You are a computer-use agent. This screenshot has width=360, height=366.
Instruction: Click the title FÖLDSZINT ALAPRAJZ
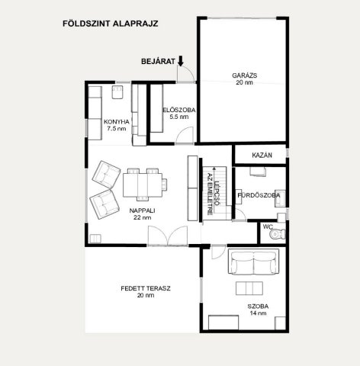click(x=111, y=24)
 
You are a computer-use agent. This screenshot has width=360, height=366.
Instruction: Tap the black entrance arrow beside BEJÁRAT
click(x=181, y=61)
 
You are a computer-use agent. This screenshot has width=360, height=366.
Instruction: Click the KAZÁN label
click(x=262, y=155)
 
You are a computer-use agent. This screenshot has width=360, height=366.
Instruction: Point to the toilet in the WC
click(x=278, y=234)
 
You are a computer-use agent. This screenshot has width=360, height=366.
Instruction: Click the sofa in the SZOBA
click(x=253, y=262)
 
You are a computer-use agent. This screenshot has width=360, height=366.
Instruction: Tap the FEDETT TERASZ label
click(x=146, y=288)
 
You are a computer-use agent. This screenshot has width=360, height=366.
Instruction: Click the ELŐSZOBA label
click(x=179, y=110)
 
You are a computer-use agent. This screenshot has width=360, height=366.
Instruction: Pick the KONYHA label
click(x=117, y=122)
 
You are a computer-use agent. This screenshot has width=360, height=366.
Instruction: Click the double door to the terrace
click(x=168, y=236)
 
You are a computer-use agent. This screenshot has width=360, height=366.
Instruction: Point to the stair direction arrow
click(x=214, y=190)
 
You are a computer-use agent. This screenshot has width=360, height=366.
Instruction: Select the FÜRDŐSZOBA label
click(x=259, y=195)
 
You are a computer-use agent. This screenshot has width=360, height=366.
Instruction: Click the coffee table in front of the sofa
click(x=249, y=288)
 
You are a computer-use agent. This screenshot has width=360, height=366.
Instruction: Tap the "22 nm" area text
click(x=143, y=217)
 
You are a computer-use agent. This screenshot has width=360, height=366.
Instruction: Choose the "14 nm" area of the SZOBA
click(x=258, y=313)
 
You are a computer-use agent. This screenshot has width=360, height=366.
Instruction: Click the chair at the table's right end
click(x=165, y=185)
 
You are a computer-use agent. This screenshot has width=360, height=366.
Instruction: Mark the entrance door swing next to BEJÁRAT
click(x=185, y=74)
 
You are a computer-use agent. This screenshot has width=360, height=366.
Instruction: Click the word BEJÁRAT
click(x=158, y=62)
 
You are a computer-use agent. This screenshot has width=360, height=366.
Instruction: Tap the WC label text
click(x=268, y=226)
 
